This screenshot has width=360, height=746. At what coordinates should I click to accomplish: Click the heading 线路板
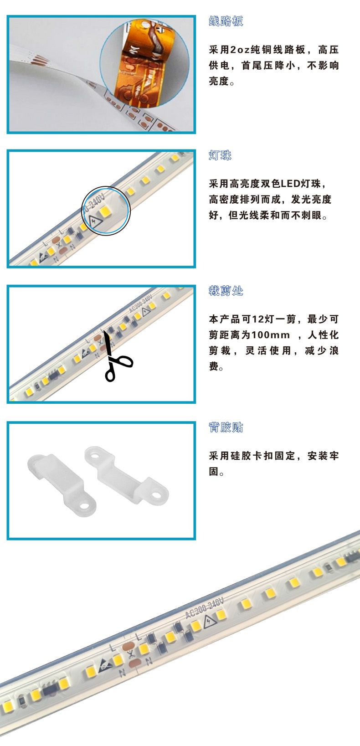[x=226, y=21]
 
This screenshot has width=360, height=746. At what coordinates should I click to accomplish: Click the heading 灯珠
[x=220, y=155]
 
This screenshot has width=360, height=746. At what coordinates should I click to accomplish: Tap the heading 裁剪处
[x=226, y=291]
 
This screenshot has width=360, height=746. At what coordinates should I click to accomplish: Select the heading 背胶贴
[x=226, y=427]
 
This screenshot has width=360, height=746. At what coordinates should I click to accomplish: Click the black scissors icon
[x=117, y=358]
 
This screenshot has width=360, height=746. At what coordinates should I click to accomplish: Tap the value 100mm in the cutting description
[x=270, y=334]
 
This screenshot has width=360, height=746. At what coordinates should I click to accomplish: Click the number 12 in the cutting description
[x=258, y=319]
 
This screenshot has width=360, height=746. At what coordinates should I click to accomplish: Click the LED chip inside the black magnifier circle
[x=104, y=211]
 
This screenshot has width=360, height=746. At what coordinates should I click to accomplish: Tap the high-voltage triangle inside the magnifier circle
[x=95, y=221]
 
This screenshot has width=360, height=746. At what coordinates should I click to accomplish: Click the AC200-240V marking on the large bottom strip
[x=205, y=608]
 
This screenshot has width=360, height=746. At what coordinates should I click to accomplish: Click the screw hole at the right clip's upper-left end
[x=95, y=453]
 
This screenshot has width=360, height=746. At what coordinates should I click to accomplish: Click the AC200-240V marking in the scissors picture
[x=140, y=304]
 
